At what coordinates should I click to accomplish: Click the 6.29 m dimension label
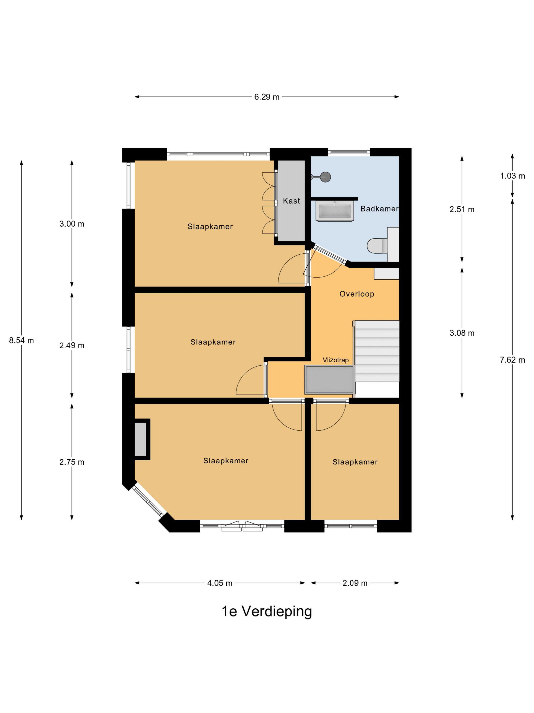(267, 97)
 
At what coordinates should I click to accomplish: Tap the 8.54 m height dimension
(22, 340)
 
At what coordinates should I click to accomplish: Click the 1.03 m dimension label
(512, 176)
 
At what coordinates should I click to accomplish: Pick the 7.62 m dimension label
(512, 360)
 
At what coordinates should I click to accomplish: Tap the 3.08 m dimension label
(462, 333)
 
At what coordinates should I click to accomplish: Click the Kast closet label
(291, 201)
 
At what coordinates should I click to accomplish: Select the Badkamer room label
(379, 209)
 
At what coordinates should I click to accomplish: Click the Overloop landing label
(357, 294)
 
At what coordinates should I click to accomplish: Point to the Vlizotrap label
(336, 360)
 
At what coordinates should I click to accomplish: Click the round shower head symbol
(326, 177)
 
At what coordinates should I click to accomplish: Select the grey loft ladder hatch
(329, 380)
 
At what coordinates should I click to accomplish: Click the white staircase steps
(377, 351)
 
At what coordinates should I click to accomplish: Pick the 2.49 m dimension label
(72, 346)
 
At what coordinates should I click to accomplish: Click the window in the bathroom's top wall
(349, 152)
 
